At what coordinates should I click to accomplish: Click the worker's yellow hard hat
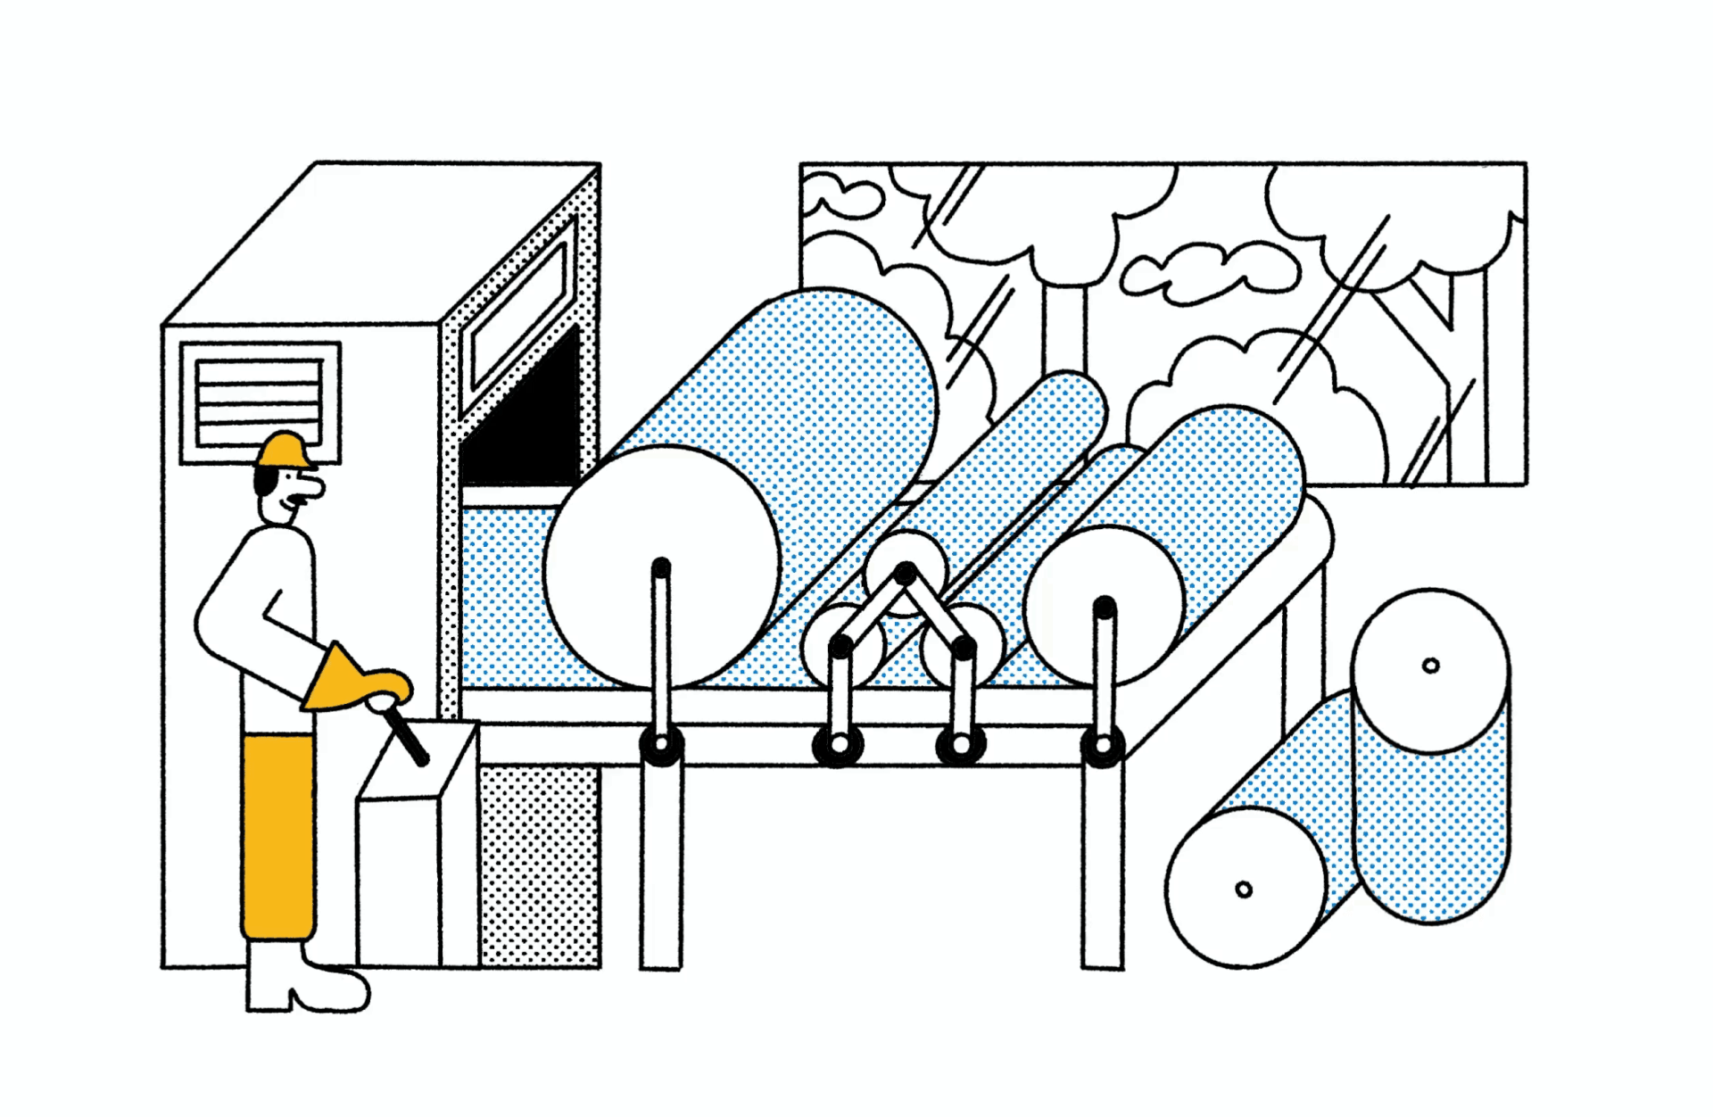tap(284, 450)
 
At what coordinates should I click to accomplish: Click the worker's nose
tap(312, 487)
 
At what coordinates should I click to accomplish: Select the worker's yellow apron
tap(277, 834)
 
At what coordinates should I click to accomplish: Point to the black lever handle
tap(406, 737)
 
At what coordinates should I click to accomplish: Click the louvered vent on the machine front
tap(259, 402)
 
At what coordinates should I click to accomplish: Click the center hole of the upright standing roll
tap(1430, 666)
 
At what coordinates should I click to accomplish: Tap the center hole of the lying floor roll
tap(1244, 889)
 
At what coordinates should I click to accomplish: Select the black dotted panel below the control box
tap(539, 865)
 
